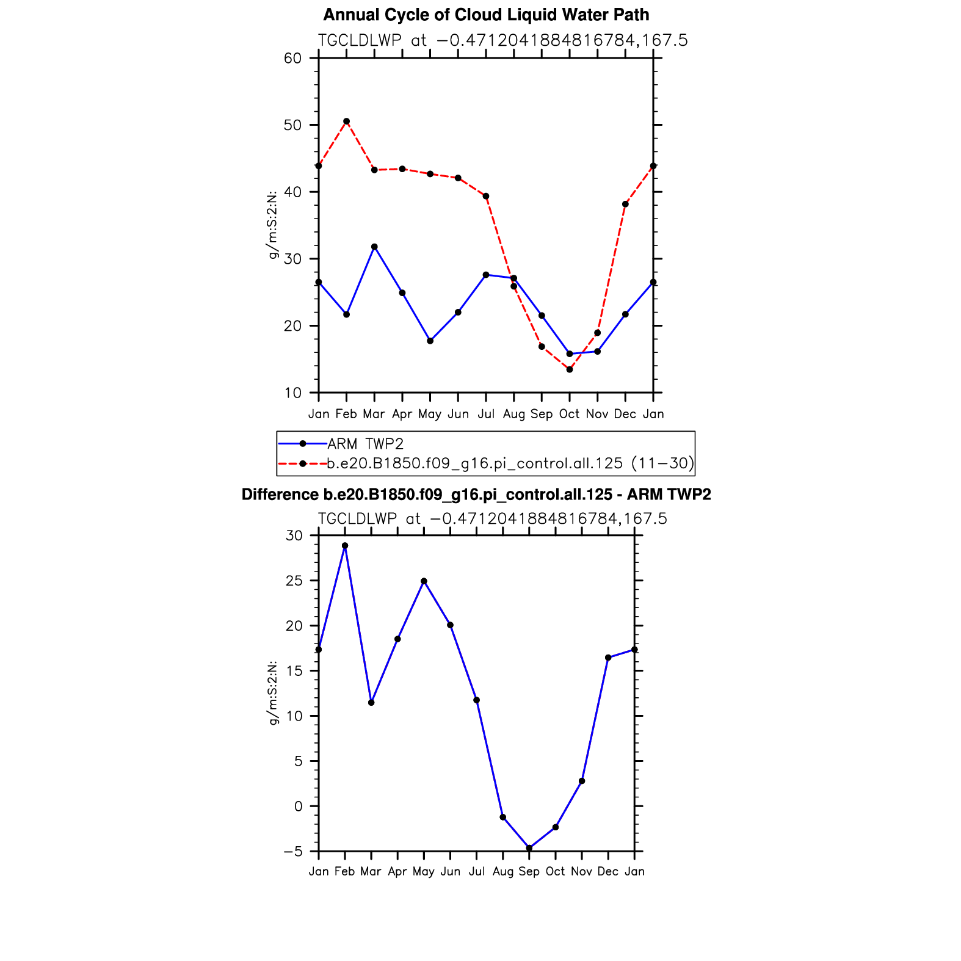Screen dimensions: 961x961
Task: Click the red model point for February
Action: pyautogui.click(x=346, y=121)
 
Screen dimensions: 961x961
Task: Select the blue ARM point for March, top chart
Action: pyautogui.click(x=374, y=247)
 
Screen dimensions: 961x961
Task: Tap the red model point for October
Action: pyautogui.click(x=570, y=369)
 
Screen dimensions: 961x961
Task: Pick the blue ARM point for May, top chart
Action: pyautogui.click(x=430, y=341)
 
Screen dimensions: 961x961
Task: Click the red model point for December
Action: pyautogui.click(x=625, y=204)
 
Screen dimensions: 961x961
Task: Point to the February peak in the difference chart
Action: pyautogui.click(x=345, y=546)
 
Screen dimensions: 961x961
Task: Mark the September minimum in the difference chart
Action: pyautogui.click(x=529, y=848)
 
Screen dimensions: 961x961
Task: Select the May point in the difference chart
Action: pyautogui.click(x=424, y=581)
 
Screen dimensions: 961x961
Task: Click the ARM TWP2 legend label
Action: pyautogui.click(x=365, y=444)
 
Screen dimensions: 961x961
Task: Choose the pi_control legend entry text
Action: pyautogui.click(x=510, y=463)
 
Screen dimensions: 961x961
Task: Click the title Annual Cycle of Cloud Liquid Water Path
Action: pyautogui.click(x=486, y=15)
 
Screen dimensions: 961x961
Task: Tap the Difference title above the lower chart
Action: pyautogui.click(x=476, y=495)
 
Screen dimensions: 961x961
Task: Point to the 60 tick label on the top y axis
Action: pyautogui.click(x=292, y=59)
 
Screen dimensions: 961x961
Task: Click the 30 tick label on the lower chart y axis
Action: pyautogui.click(x=294, y=536)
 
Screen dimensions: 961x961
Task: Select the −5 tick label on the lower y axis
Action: pyautogui.click(x=292, y=852)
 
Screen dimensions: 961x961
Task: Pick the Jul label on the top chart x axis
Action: pyautogui.click(x=486, y=414)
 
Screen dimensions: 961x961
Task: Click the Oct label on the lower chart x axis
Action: pyautogui.click(x=555, y=871)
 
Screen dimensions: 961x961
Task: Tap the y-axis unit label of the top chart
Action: pyautogui.click(x=273, y=225)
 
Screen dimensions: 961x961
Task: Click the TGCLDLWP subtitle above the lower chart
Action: pyautogui.click(x=492, y=519)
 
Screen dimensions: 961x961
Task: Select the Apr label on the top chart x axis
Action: pyautogui.click(x=402, y=415)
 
